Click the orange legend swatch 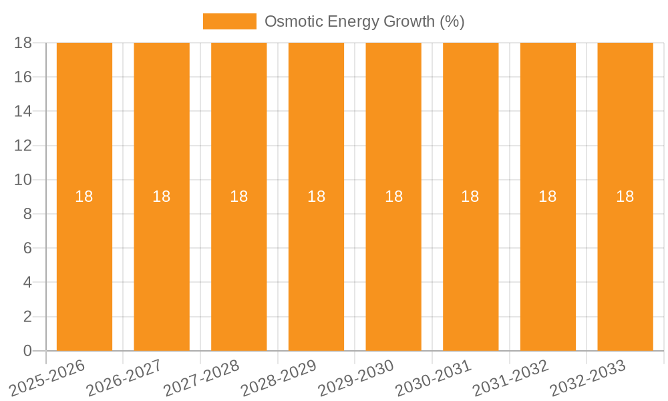point(229,21)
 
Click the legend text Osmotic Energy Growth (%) point(364,21)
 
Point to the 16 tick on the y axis point(23,77)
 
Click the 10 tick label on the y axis point(23,180)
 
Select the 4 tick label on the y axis point(27,283)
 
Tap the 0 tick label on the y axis point(27,351)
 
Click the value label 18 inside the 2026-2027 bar point(161,196)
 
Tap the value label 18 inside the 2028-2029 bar point(316,196)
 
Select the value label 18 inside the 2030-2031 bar point(470,196)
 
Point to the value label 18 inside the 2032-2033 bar point(625,196)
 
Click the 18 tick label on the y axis point(23,43)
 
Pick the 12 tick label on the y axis point(23,146)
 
